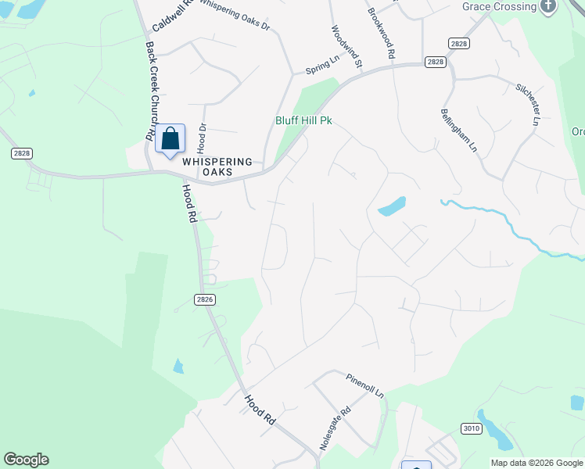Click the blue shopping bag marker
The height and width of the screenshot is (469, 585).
click(x=170, y=138)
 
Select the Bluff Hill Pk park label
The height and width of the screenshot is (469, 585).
click(x=304, y=121)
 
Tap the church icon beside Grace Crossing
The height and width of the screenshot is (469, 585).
click(x=548, y=6)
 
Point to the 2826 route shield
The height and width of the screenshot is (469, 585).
click(x=205, y=299)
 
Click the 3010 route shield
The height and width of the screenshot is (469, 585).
click(x=471, y=428)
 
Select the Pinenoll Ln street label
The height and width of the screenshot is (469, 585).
click(x=364, y=383)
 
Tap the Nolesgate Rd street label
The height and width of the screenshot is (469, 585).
click(x=336, y=428)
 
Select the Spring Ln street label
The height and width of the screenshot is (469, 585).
click(x=322, y=65)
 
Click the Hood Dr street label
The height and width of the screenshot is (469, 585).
click(x=202, y=138)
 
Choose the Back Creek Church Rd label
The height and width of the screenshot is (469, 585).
click(x=150, y=90)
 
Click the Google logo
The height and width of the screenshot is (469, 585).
click(x=26, y=460)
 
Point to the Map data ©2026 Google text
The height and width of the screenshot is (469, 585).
click(x=536, y=462)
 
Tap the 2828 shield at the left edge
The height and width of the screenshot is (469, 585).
click(x=22, y=153)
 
